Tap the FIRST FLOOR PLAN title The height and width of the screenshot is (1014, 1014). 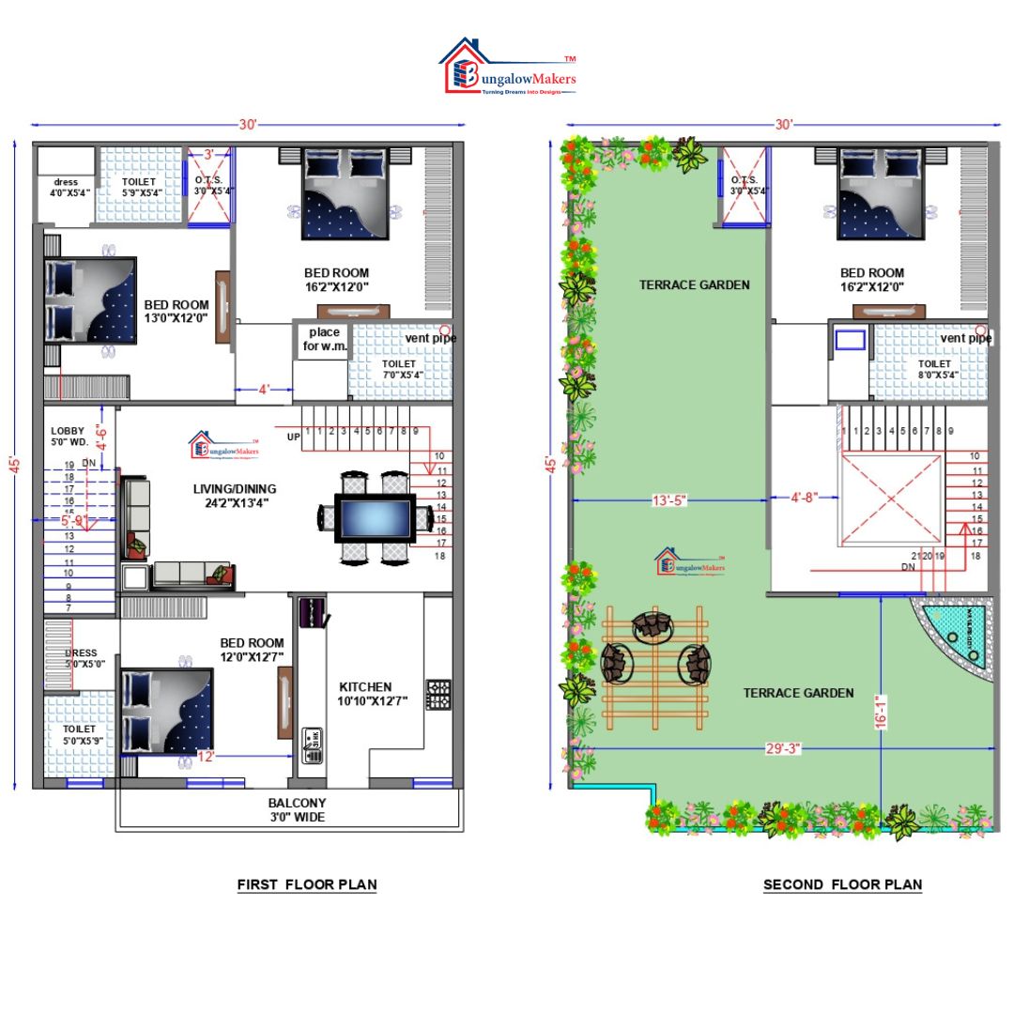(307, 884)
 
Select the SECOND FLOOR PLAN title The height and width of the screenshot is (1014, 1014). (842, 884)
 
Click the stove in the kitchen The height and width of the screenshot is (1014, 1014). (438, 694)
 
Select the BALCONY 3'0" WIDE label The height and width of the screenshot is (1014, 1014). (297, 810)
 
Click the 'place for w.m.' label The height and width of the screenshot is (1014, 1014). (325, 340)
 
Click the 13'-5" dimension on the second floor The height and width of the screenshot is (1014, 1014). (668, 500)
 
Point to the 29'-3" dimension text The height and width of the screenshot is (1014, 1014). (778, 749)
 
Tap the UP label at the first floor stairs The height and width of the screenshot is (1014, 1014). (294, 438)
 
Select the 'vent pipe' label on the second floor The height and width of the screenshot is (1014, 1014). (966, 338)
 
